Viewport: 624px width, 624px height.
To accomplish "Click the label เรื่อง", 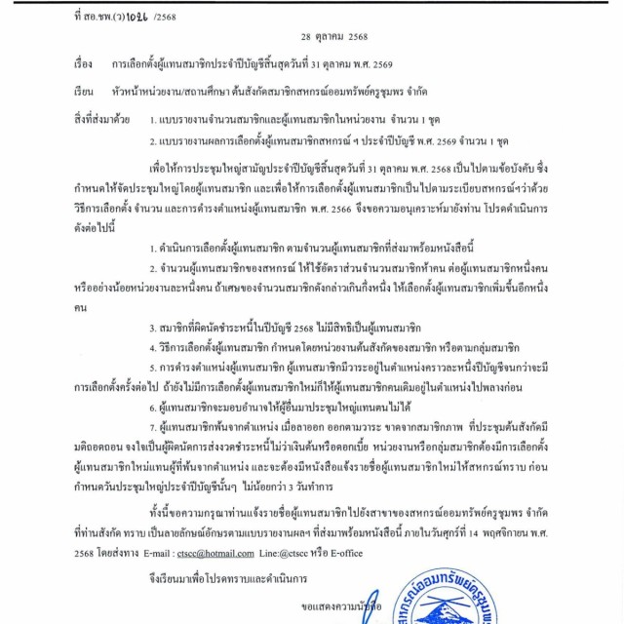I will coord(83,65).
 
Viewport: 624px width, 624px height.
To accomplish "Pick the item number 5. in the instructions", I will coord(155,369).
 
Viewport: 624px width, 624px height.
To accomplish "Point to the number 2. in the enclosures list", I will coord(155,139).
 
